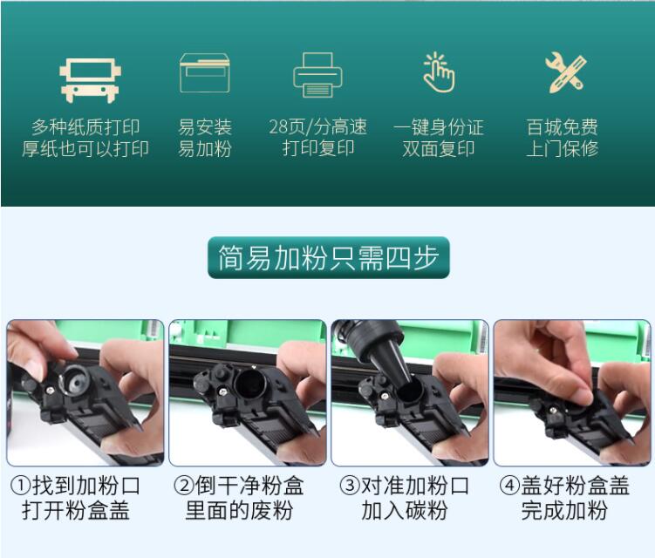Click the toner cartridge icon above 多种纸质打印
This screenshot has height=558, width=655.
[x=90, y=80]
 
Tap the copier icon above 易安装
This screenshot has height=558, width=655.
[x=205, y=72]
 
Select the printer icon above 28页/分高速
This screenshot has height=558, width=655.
[x=317, y=75]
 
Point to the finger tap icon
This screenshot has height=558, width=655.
[x=438, y=71]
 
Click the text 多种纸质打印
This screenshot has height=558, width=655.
[x=85, y=127]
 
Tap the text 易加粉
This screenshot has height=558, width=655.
[x=205, y=149]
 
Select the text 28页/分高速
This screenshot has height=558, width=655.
[x=317, y=127]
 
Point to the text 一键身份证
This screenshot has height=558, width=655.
[x=438, y=127]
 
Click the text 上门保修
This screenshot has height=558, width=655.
[x=563, y=149]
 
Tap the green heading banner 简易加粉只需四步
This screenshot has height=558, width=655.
[x=328, y=257]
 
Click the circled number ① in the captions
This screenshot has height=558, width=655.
[x=20, y=486]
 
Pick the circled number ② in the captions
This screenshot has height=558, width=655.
[x=184, y=486]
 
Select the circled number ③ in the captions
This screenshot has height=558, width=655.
[x=350, y=486]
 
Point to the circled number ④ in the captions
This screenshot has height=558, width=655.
[x=509, y=486]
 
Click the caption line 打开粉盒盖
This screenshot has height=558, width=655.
[x=76, y=510]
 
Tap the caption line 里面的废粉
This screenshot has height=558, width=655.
[x=239, y=510]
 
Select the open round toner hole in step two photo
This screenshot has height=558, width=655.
[x=249, y=384]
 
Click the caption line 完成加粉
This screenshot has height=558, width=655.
[x=564, y=510]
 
